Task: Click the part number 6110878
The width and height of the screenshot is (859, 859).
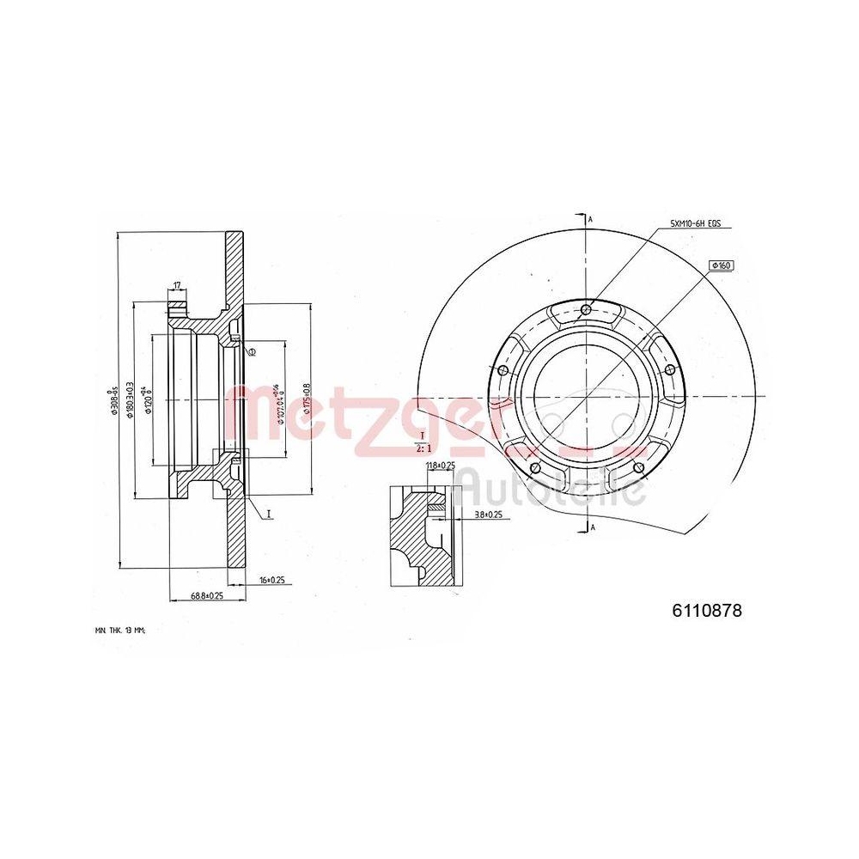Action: click(706, 611)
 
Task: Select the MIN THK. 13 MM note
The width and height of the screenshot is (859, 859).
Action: click(121, 630)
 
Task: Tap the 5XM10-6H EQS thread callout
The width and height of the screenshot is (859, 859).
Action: click(695, 224)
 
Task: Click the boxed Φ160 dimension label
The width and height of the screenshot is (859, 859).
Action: click(720, 265)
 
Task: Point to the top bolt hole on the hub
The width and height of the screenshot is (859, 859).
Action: click(586, 310)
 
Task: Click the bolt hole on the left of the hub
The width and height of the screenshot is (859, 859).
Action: click(503, 370)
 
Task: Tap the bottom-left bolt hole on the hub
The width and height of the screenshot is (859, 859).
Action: click(535, 468)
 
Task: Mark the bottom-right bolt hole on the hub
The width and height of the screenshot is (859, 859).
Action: click(637, 468)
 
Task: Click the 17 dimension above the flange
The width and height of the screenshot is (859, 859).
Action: click(177, 285)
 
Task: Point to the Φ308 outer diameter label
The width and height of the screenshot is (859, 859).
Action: click(112, 404)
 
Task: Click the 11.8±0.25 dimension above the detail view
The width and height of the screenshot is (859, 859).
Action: click(440, 466)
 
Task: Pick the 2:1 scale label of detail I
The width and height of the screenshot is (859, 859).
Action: click(423, 448)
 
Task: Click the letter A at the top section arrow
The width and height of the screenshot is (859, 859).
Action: click(591, 220)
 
